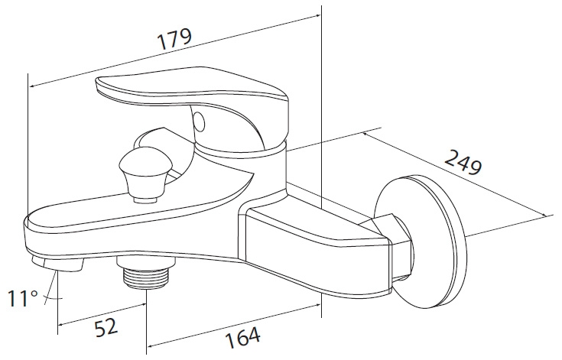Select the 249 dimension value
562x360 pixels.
(463, 162)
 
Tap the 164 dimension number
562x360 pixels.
(243, 337)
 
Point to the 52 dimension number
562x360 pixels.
(106, 328)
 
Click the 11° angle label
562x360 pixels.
(23, 298)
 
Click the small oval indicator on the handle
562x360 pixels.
(199, 121)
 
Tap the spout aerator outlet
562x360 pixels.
(58, 264)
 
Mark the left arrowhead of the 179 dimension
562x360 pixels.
(33, 86)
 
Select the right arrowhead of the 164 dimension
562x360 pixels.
(317, 305)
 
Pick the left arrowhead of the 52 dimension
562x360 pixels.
(62, 325)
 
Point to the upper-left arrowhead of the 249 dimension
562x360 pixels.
(365, 135)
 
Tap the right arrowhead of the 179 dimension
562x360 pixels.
(317, 16)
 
